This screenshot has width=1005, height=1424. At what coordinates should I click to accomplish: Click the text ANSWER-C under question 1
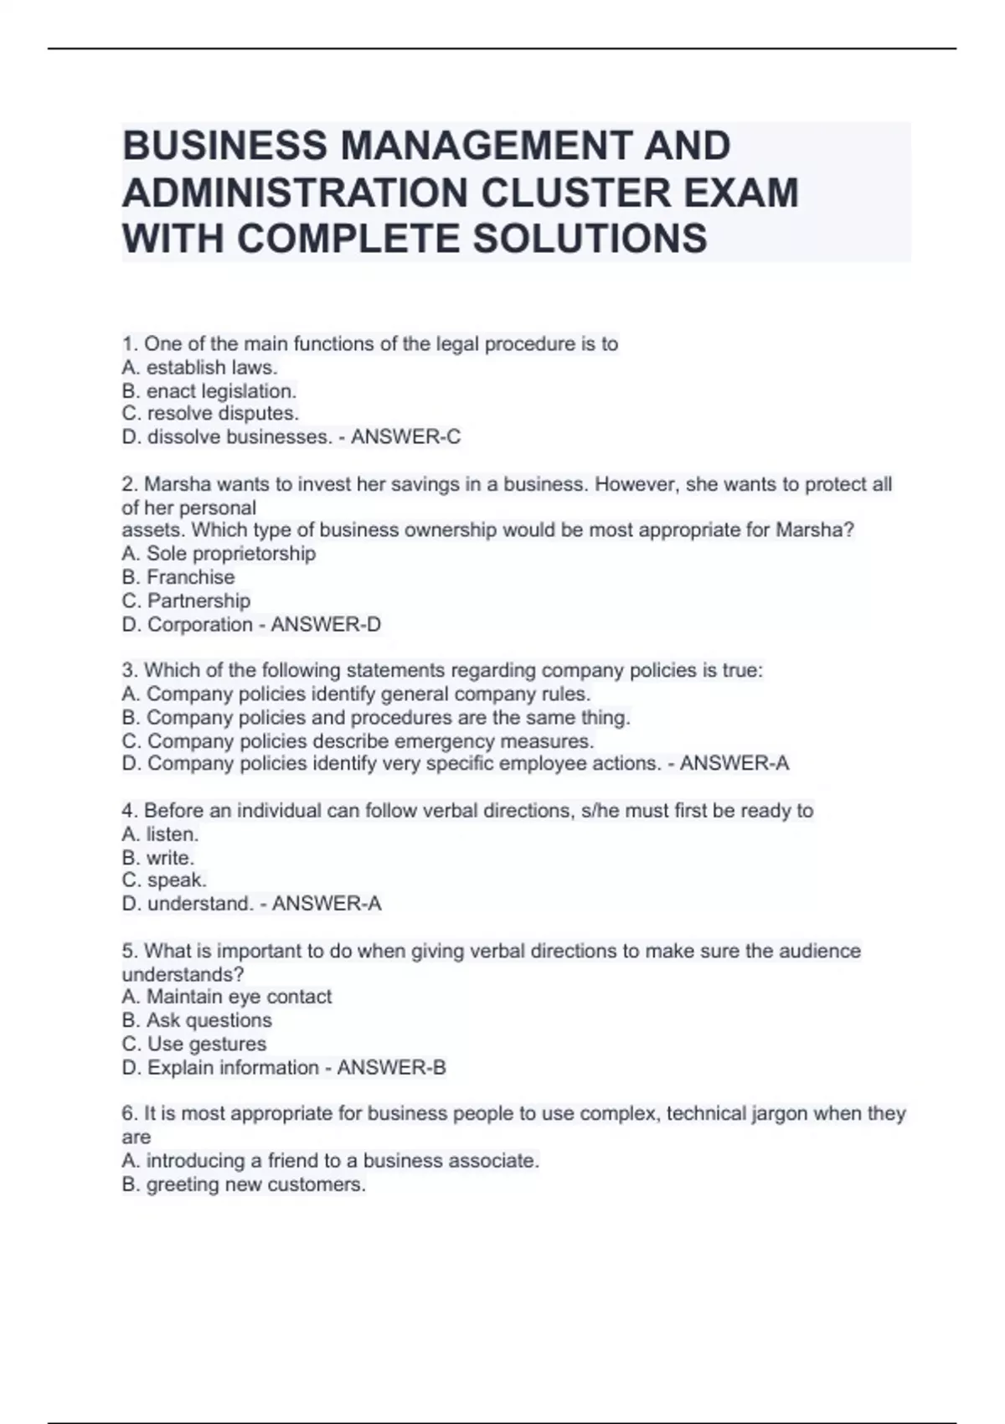(x=405, y=437)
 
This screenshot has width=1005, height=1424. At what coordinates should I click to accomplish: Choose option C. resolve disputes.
(x=210, y=414)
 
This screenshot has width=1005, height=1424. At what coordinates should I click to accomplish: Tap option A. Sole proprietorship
(x=219, y=554)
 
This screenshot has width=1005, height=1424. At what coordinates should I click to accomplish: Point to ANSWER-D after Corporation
(x=326, y=624)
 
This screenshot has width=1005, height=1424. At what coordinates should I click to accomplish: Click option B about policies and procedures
(x=376, y=718)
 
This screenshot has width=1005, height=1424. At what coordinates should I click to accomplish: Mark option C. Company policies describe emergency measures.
(x=358, y=741)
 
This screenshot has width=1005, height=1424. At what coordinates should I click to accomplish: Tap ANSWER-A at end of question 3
(x=734, y=764)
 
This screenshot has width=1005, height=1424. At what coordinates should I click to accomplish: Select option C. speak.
(x=164, y=880)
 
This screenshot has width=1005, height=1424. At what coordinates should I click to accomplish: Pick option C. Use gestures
(x=194, y=1044)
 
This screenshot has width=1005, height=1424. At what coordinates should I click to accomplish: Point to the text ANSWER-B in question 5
(x=391, y=1068)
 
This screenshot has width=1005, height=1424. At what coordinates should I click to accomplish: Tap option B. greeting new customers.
(x=244, y=1184)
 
